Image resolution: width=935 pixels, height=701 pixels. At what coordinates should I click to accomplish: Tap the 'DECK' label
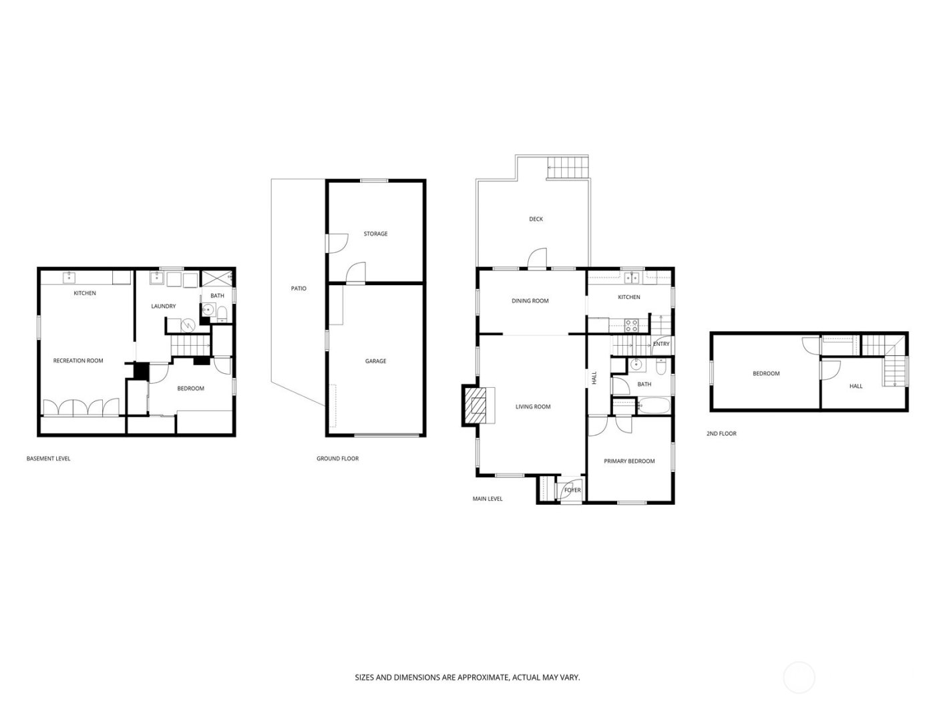(x=536, y=219)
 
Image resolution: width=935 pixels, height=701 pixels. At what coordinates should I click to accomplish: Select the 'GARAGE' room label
(x=375, y=361)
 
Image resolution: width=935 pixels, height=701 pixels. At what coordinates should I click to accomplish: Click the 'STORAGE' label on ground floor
(x=375, y=234)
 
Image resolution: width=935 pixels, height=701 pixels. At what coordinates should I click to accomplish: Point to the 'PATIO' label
(x=299, y=288)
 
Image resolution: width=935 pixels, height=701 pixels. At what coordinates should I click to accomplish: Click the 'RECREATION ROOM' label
(x=78, y=361)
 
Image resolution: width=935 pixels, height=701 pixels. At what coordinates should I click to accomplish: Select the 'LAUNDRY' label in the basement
(x=164, y=306)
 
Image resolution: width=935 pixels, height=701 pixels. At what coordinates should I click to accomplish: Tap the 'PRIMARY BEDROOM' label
(x=629, y=461)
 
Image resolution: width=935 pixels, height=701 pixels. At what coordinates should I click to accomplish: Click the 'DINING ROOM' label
(x=530, y=300)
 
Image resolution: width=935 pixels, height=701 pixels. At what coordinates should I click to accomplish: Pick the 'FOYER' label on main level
(x=572, y=490)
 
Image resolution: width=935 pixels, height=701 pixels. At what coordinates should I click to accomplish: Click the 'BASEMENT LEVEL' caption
(x=48, y=459)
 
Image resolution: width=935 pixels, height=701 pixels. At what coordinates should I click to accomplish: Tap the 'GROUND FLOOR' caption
(x=337, y=459)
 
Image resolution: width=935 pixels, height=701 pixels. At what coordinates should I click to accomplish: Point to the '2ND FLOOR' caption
(x=721, y=433)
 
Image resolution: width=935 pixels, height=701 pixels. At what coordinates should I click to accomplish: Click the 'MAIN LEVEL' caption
(x=488, y=499)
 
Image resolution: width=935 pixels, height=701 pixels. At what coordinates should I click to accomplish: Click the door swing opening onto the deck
(x=538, y=258)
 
